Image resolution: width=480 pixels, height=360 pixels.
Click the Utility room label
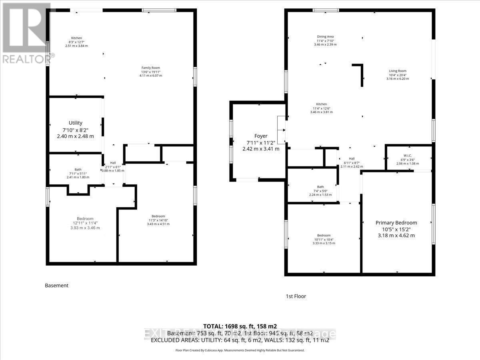click(x=75, y=123)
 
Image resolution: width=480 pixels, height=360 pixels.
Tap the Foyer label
click(x=260, y=136)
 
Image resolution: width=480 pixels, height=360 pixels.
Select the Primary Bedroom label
click(x=396, y=223)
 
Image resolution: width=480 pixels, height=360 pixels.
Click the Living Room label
click(x=398, y=71)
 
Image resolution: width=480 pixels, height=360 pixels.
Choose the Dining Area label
click(x=325, y=37)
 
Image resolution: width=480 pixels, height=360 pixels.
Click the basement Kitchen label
click(x=76, y=38)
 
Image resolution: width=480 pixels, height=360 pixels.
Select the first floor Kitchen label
click(x=321, y=104)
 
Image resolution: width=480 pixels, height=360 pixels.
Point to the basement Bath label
click(x=78, y=169)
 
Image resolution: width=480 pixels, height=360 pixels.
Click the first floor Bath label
click(x=320, y=187)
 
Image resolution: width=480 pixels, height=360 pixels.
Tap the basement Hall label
click(x=113, y=163)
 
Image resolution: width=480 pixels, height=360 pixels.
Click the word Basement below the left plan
click(x=56, y=286)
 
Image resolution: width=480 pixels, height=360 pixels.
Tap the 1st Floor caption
click(x=296, y=296)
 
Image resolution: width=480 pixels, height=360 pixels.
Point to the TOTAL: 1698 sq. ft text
click(x=240, y=326)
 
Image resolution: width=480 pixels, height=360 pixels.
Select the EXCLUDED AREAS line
click(x=240, y=340)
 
